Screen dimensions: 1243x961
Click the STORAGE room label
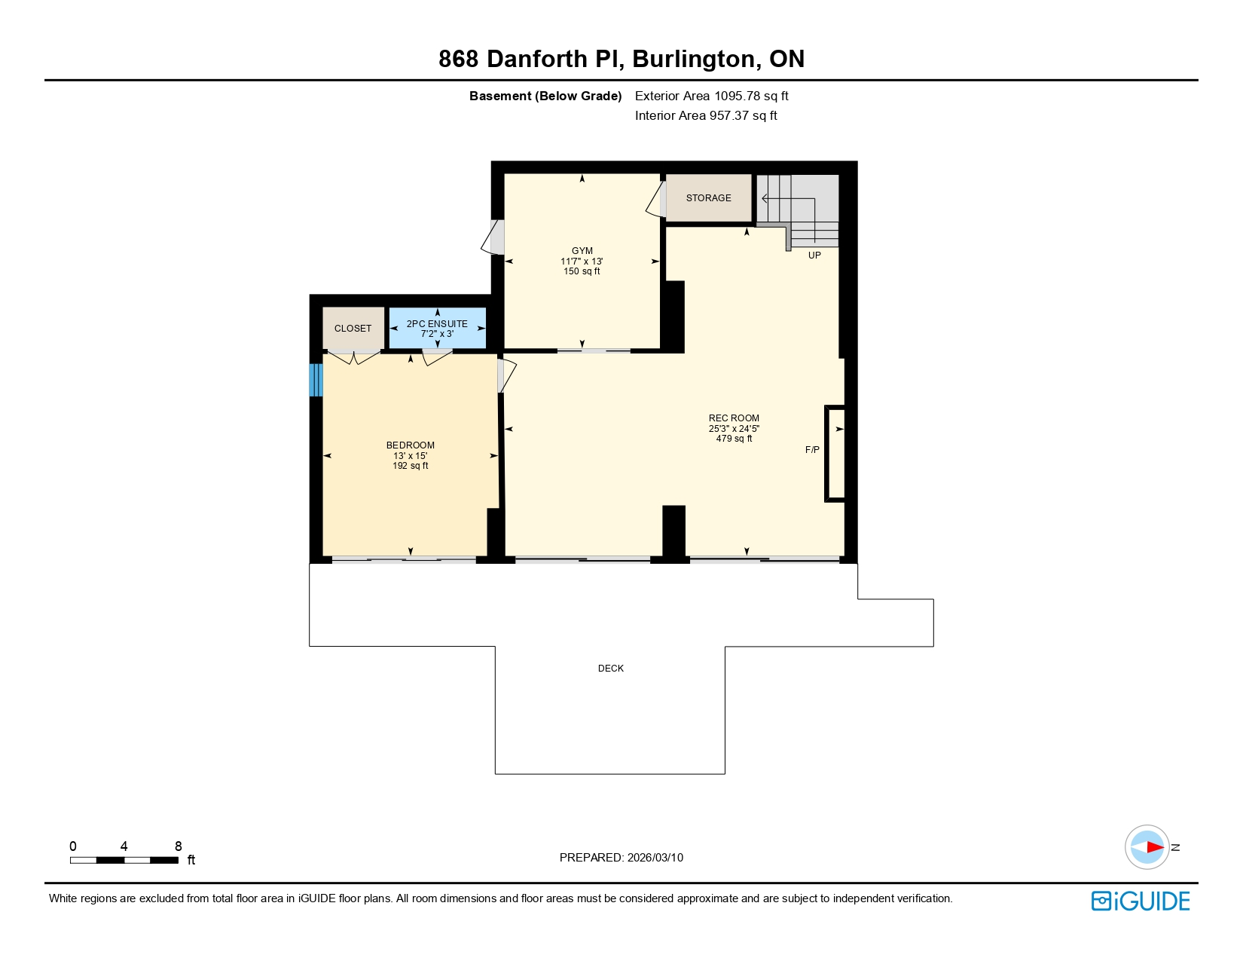(x=708, y=198)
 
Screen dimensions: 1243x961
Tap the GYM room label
(x=582, y=251)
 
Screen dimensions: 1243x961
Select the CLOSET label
(x=353, y=329)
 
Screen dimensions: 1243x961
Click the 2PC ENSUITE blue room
(x=437, y=329)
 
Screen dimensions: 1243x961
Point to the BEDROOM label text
(x=410, y=445)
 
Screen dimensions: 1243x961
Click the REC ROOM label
(x=734, y=418)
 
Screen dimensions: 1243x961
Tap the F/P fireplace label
(x=812, y=450)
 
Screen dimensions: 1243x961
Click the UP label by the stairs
(x=814, y=256)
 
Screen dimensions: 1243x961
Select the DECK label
(x=610, y=669)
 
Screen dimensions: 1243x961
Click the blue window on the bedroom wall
(x=316, y=380)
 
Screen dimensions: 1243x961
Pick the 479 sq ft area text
(x=734, y=439)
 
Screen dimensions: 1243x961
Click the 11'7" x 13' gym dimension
(x=582, y=262)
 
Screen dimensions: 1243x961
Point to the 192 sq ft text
(x=410, y=466)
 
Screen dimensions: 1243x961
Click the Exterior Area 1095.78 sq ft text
(x=711, y=96)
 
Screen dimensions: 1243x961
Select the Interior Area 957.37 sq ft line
(x=706, y=115)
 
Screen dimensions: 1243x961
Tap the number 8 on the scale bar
(x=179, y=846)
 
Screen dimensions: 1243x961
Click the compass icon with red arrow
(x=1147, y=847)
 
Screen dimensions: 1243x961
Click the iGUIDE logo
(x=1141, y=901)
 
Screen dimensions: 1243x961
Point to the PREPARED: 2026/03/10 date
(x=621, y=858)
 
